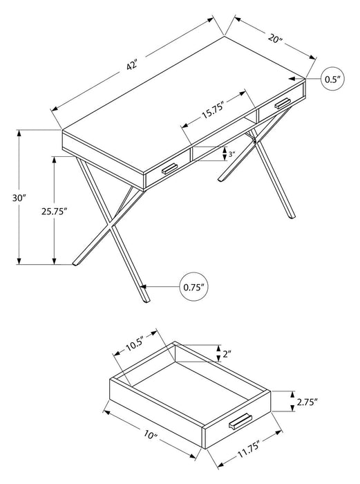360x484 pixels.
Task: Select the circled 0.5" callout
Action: click(334, 80)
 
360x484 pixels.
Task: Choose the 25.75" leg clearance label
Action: click(55, 212)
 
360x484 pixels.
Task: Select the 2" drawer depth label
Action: click(226, 355)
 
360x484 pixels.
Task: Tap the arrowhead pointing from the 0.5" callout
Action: click(309, 80)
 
